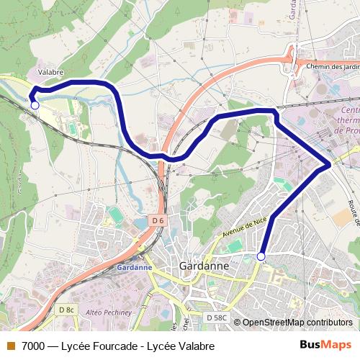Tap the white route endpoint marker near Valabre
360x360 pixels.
point(35,105)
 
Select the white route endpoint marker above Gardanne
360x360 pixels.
point(261,256)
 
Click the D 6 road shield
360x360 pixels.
point(158,220)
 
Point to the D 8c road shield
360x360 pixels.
point(66,310)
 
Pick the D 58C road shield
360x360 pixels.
point(215,317)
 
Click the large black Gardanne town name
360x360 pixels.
point(203,266)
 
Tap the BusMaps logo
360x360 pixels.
point(325,344)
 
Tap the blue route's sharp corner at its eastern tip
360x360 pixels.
point(330,165)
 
